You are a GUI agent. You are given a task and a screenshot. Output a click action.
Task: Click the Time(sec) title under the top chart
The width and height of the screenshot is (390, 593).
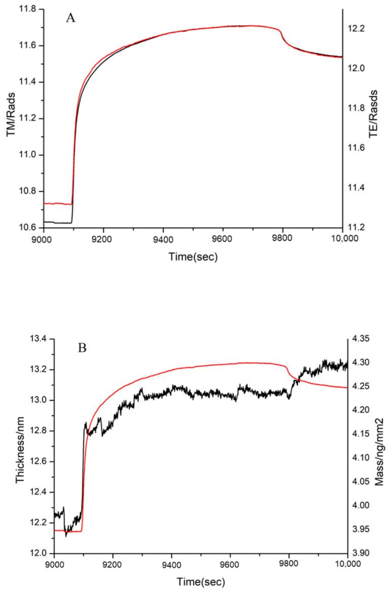pos(193,257)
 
